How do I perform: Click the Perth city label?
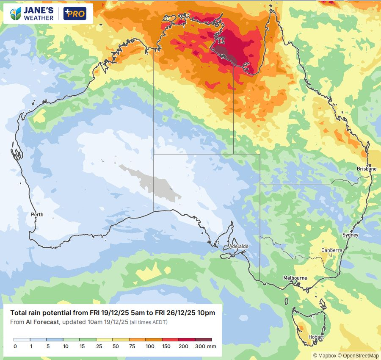37,215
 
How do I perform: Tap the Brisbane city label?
366,169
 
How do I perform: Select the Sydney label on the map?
350,235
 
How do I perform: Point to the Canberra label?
331,250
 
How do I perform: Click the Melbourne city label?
295,278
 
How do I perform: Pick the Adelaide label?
238,246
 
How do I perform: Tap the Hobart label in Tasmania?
316,337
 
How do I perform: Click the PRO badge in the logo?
75,14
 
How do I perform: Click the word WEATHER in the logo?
39,18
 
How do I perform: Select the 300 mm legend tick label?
205,346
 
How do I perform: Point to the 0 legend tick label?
15,346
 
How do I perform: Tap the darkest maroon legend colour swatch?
203,340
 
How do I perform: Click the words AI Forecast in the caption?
42,322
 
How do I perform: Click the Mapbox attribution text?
324,356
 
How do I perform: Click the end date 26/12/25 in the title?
172,313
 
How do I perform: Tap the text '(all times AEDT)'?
148,323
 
